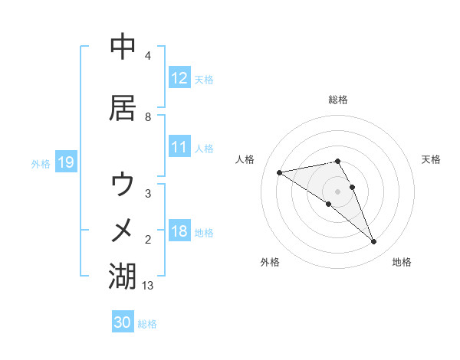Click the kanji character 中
coord(123,47)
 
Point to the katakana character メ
coord(123,230)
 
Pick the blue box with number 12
coord(179,78)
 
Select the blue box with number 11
coord(179,148)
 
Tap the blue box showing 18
coord(179,232)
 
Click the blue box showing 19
coord(65,162)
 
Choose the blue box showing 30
coord(123,323)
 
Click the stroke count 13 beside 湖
coord(148,285)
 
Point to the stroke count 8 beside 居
coord(148,117)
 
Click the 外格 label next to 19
coord(40,163)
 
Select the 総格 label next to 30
coord(147,324)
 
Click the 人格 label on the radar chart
coord(246,159)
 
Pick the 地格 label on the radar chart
coord(402,263)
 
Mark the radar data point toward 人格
coord(280,172)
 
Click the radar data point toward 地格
coord(373,242)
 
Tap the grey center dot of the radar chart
coord(338,191)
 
